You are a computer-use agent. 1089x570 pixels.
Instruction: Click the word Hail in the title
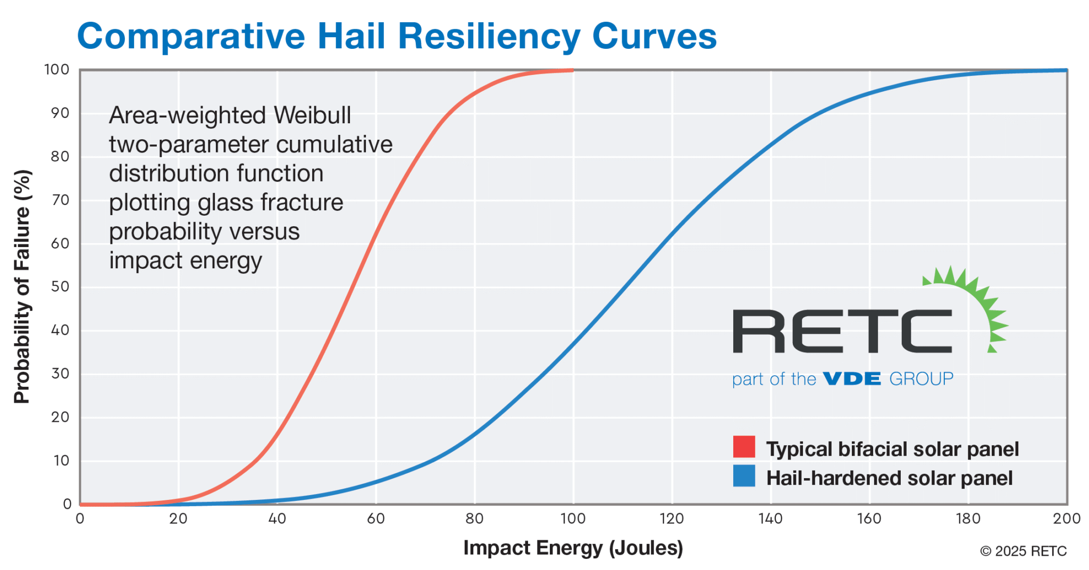pos(351,36)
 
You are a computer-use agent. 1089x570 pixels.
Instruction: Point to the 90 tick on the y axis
pos(60,113)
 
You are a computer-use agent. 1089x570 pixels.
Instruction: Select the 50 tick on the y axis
pos(60,287)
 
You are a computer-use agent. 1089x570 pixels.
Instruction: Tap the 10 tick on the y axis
pos(61,461)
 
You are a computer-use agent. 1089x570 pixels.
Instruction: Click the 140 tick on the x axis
pos(770,518)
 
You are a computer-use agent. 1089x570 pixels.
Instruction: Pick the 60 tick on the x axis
pos(375,518)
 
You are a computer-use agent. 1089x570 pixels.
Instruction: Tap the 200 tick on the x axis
pos(1066,518)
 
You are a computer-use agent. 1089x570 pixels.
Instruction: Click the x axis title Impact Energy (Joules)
pos(573,548)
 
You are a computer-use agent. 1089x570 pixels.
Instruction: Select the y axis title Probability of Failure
pos(22,287)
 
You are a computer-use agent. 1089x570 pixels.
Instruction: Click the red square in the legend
pos(744,447)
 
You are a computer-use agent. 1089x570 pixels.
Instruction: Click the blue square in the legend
pos(744,476)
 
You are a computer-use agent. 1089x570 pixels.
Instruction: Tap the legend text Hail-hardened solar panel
pos(889,478)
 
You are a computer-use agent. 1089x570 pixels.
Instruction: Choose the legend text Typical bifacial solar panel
pos(892,449)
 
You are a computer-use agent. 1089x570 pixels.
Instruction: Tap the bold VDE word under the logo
pos(852,379)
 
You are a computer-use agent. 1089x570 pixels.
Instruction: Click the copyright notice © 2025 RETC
pos(1023,551)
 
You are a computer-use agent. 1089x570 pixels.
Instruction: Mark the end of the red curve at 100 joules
pos(572,70)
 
